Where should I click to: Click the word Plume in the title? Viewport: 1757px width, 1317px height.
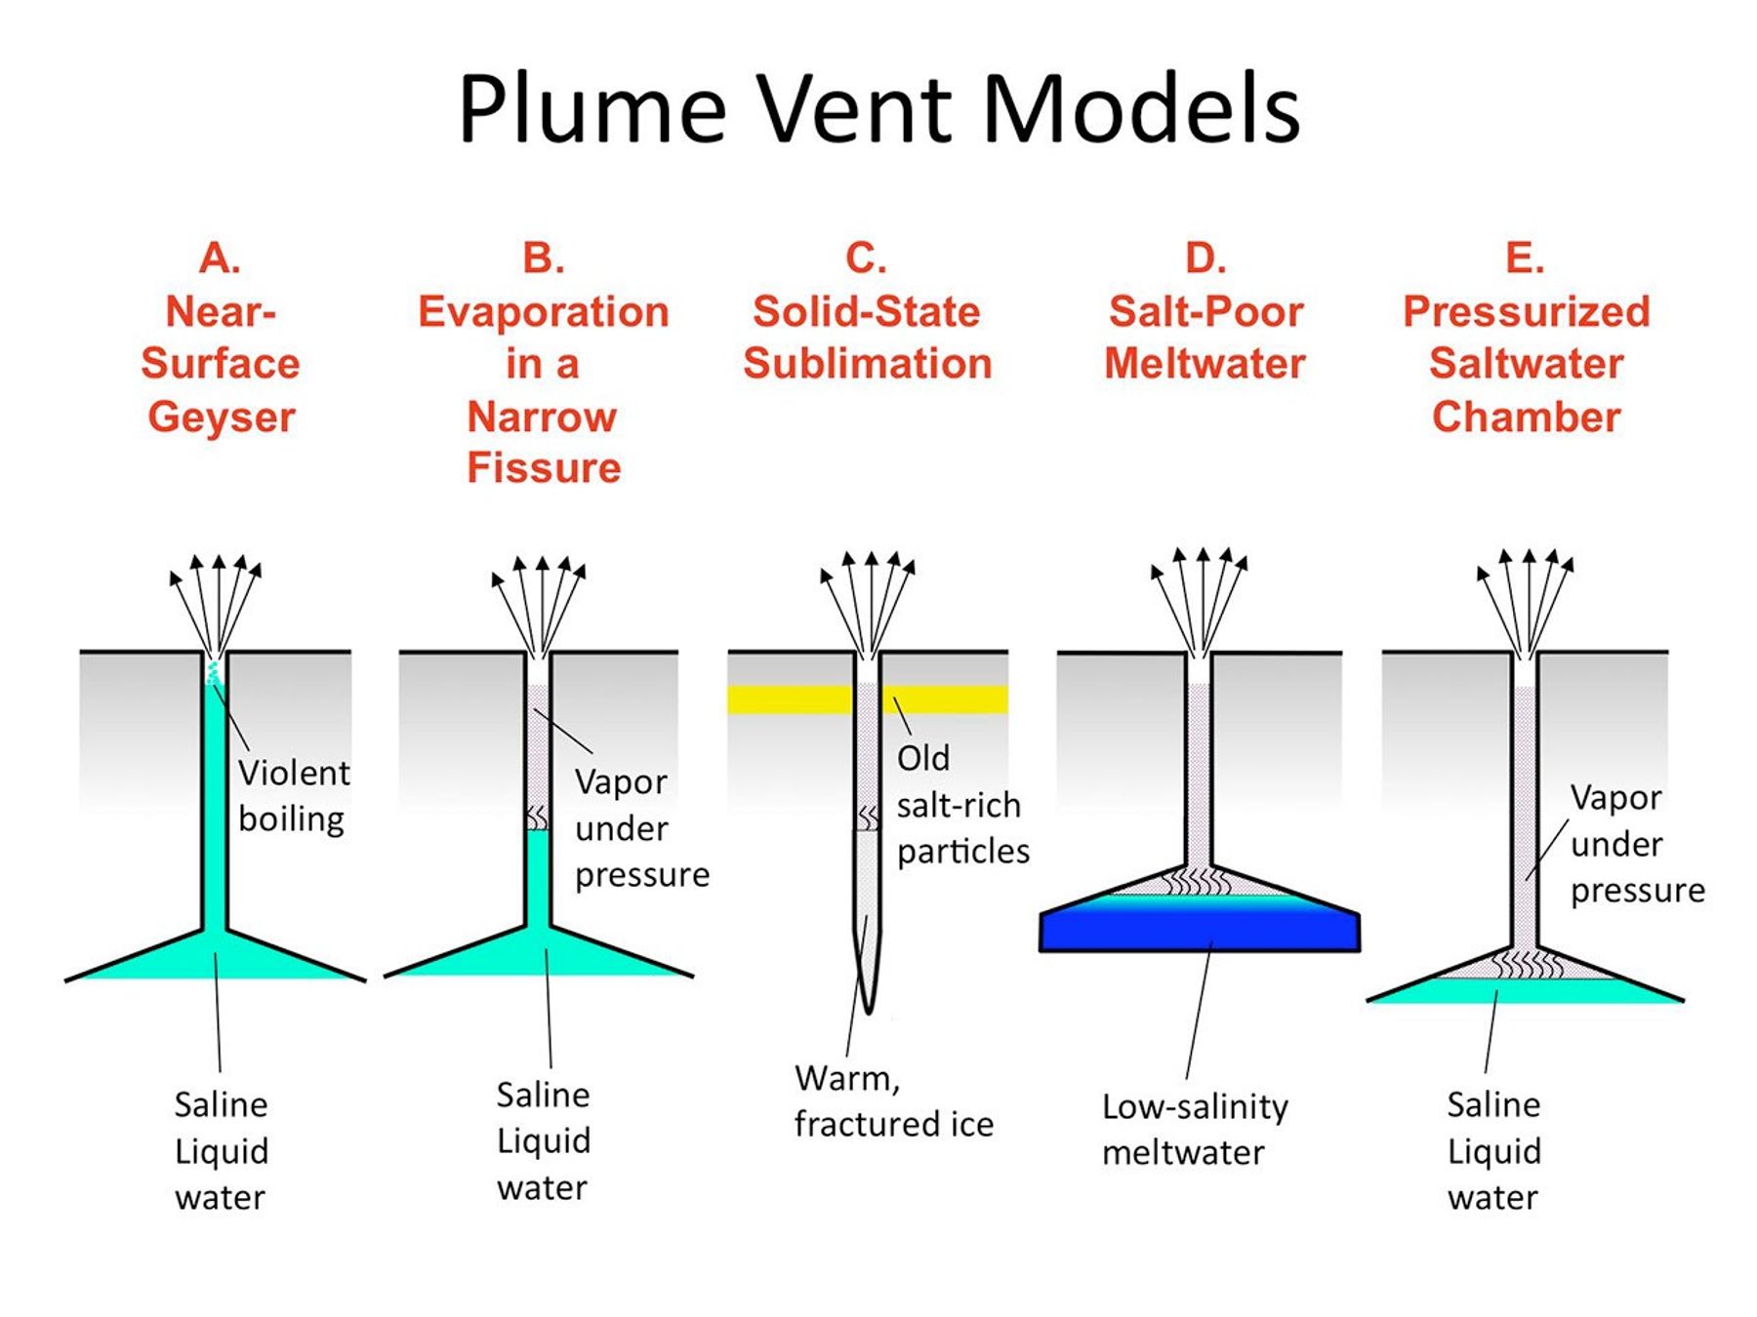592,109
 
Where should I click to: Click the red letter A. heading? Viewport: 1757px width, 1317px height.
220,259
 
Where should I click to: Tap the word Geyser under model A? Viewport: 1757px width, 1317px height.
222,418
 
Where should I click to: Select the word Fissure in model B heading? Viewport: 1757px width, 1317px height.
544,468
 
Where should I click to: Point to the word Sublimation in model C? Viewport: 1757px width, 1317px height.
867,364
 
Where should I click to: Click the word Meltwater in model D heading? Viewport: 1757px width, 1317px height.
1205,364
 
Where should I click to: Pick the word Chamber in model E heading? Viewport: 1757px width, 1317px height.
1526,418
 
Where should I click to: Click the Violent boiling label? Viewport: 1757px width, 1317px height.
293,795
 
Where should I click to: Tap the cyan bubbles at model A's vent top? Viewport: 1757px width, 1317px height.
213,671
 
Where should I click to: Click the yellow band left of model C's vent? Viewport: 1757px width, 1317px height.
789,699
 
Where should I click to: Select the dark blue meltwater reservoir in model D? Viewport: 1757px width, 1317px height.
1199,932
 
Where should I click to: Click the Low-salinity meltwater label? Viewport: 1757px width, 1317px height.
1194,1130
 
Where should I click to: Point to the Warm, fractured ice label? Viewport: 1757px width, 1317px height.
892,1101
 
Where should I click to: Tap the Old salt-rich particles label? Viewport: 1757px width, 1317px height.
960,805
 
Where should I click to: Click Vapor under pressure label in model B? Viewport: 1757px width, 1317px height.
640,828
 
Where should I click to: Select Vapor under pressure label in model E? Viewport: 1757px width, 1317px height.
1636,844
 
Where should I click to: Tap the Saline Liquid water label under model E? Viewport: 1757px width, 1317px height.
1492,1151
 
